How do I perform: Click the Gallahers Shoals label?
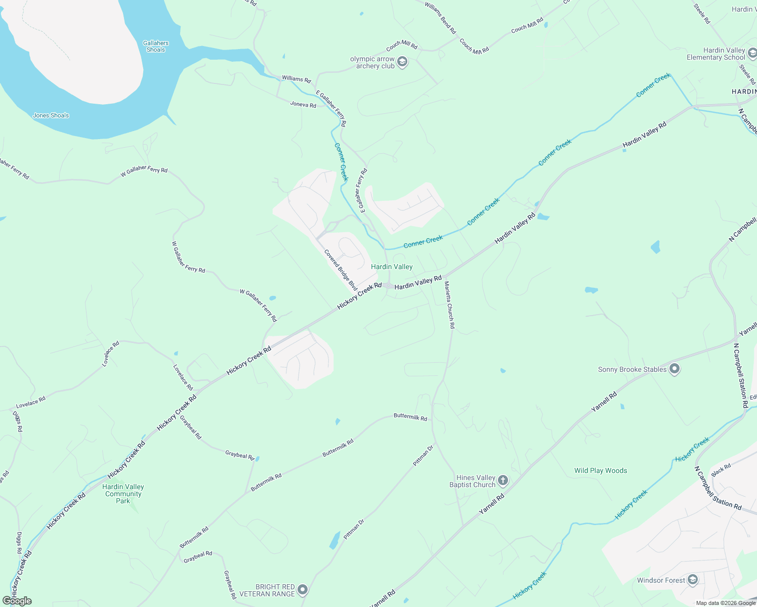click(156, 47)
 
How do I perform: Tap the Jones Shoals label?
click(51, 115)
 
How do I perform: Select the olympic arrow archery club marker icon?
click(402, 62)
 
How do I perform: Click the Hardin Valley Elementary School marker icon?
click(752, 54)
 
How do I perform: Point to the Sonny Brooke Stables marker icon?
click(675, 369)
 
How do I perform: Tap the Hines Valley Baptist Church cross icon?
click(502, 481)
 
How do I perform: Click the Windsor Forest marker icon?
click(693, 580)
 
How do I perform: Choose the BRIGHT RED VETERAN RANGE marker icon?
click(303, 590)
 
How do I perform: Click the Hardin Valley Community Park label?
click(123, 494)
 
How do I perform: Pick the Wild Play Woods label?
click(601, 470)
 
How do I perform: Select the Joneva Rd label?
click(303, 105)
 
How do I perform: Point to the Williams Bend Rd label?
click(440, 17)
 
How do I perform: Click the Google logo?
click(17, 600)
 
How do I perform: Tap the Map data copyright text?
click(726, 603)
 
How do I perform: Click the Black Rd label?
click(721, 470)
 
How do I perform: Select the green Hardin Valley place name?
click(392, 267)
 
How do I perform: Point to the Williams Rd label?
click(296, 79)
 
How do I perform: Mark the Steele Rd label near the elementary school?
click(747, 74)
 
